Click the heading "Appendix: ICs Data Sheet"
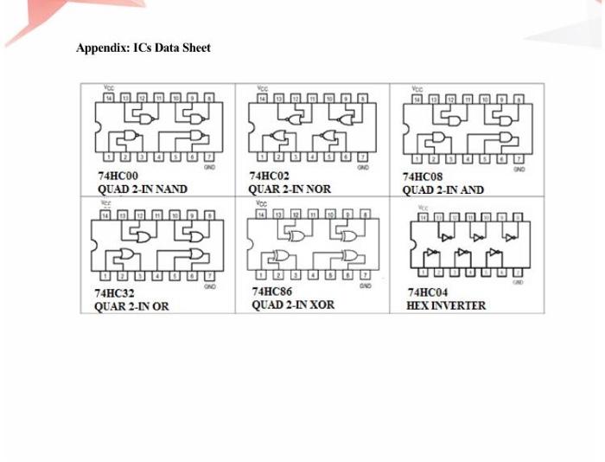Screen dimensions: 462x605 tap(143, 48)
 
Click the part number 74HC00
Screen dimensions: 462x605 tap(117, 176)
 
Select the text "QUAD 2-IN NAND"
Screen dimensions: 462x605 tap(142, 189)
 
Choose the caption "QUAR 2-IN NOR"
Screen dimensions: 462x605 tap(289, 189)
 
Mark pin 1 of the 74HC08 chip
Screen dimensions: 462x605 tap(418, 159)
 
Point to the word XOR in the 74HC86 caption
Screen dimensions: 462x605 tap(319, 305)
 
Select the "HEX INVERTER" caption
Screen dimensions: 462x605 tap(445, 305)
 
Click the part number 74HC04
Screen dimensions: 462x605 tap(427, 292)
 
